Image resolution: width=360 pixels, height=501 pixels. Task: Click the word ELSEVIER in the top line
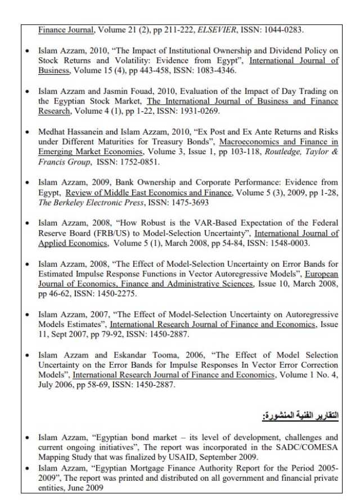[228, 30]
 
